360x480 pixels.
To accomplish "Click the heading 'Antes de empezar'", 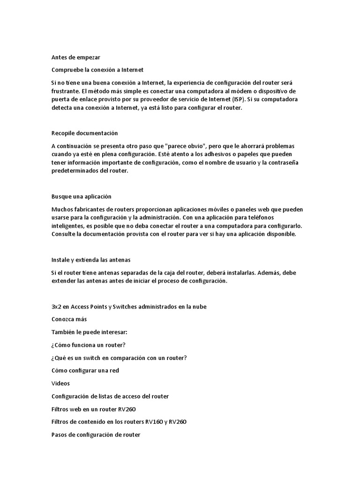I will point(75,57).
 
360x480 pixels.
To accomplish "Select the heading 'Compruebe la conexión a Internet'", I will point(97,70).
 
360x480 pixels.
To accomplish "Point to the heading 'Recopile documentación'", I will point(84,133).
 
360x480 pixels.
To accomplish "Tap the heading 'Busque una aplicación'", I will point(81,196).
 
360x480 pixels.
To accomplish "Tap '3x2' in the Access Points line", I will point(56,307).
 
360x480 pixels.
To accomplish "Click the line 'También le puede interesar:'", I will point(89,332).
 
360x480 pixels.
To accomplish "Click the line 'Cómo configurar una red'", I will point(85,370).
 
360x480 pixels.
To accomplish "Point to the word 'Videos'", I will point(60,383).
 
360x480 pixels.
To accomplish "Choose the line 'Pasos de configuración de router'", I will point(96,435).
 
